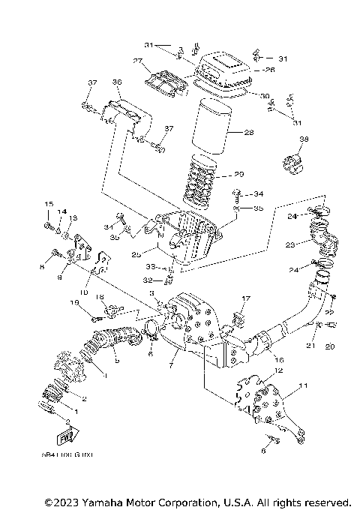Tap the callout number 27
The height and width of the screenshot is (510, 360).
click(138, 61)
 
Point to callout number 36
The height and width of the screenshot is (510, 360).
click(116, 82)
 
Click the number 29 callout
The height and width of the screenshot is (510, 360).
click(240, 174)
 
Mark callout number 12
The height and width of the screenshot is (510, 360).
click(278, 370)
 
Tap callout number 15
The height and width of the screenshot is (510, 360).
click(49, 204)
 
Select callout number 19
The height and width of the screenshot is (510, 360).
click(75, 302)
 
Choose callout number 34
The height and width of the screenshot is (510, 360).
click(259, 194)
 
